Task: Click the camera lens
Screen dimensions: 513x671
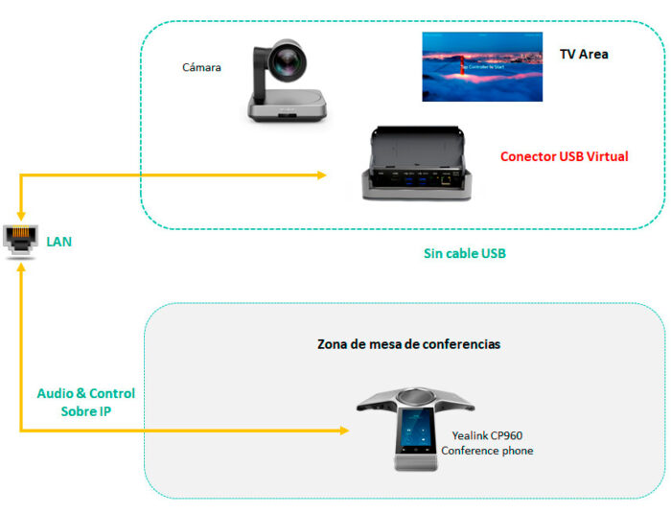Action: [x=288, y=63]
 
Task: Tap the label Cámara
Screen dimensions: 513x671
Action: [x=202, y=67]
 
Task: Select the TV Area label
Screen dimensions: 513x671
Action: [x=584, y=55]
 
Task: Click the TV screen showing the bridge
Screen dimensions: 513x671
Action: [x=482, y=66]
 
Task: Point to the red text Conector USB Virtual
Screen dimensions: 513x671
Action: [x=564, y=156]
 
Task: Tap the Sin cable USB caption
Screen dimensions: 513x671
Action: [x=465, y=254]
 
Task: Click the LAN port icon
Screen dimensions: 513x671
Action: [x=19, y=241]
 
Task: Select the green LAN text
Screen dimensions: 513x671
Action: [x=59, y=242]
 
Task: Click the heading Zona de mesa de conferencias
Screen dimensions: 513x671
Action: [x=408, y=343]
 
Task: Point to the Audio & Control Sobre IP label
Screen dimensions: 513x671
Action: [x=85, y=402]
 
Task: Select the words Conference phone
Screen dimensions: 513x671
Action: [x=487, y=451]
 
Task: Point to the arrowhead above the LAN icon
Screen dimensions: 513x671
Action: [x=20, y=218]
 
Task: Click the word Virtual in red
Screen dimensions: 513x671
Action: [x=606, y=156]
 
